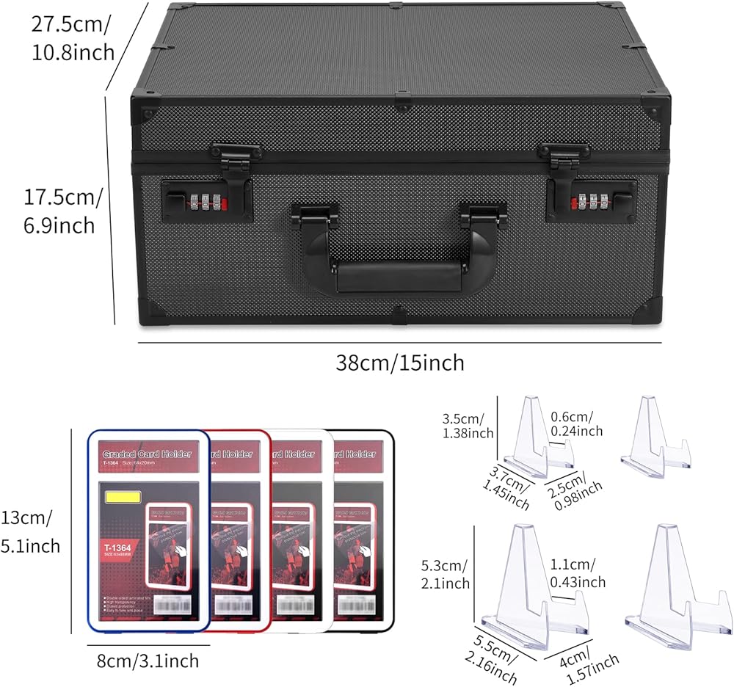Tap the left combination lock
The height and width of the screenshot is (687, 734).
(207, 201)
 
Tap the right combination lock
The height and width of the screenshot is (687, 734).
(590, 200)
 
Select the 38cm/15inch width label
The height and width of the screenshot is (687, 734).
(400, 363)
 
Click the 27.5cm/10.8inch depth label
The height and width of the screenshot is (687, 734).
(72, 38)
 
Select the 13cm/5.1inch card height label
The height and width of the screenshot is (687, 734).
(30, 531)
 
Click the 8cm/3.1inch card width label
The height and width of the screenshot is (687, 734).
(148, 661)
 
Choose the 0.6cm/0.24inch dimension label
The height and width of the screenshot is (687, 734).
(576, 424)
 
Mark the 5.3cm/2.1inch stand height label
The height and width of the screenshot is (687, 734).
(446, 575)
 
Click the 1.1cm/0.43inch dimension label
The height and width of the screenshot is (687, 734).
(578, 572)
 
